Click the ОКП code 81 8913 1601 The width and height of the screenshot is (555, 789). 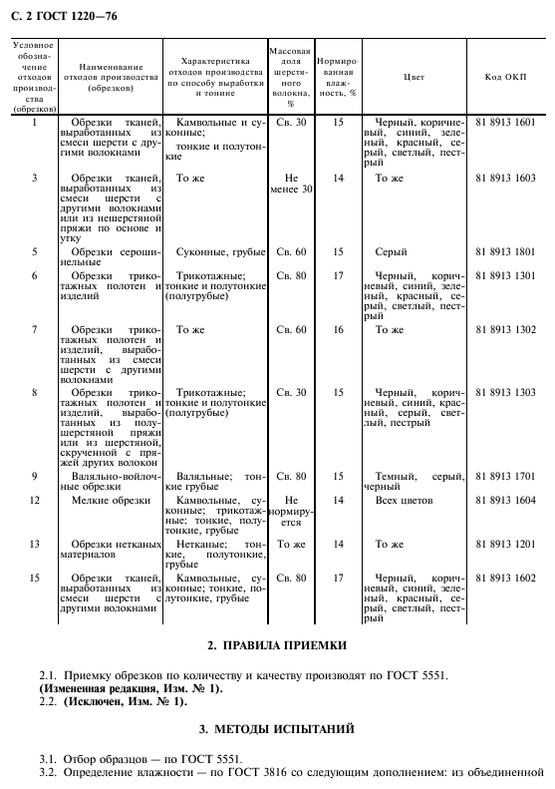tap(506, 122)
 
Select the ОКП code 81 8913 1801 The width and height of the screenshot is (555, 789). tap(506, 252)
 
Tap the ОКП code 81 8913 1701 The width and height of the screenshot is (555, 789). tap(506, 476)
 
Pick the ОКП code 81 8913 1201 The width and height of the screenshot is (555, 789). tap(506, 545)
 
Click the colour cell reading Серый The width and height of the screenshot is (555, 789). tap(390, 252)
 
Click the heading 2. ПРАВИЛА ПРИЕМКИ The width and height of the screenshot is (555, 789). tap(277, 645)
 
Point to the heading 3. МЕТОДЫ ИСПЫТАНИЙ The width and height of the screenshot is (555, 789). tap(277, 729)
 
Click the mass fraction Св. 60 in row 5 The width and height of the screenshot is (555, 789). tap(290, 252)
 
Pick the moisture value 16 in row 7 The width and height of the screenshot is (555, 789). tap(338, 328)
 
